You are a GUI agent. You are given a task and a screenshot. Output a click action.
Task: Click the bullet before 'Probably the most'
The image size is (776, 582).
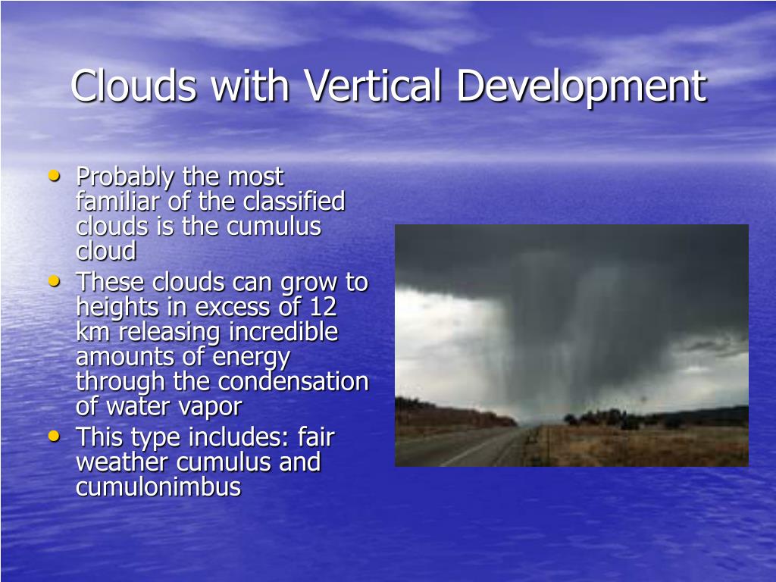click(54, 175)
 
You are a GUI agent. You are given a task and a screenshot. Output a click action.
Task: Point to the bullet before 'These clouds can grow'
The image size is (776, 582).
click(54, 281)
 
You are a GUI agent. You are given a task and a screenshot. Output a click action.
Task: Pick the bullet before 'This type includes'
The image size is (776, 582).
click(54, 436)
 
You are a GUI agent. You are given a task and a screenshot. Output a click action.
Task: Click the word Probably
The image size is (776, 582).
click(125, 177)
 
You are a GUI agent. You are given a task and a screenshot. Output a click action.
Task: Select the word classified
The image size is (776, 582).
click(294, 202)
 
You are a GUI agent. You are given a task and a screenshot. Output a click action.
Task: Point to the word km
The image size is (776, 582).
click(92, 332)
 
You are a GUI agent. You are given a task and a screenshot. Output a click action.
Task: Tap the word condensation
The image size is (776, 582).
click(293, 382)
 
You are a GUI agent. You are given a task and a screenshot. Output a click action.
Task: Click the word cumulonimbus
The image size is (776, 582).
click(158, 487)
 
